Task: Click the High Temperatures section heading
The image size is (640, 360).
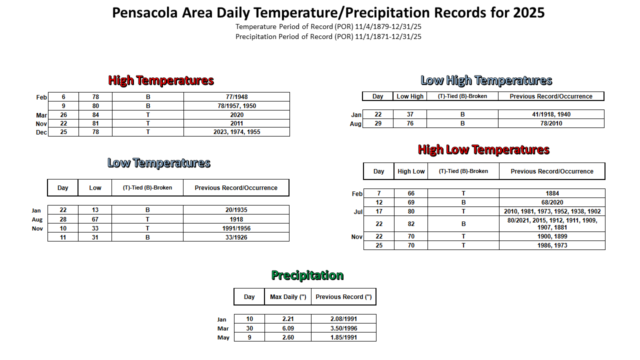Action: tap(161, 80)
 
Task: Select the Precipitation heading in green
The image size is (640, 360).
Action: tap(307, 275)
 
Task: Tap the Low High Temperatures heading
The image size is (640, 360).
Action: tap(486, 80)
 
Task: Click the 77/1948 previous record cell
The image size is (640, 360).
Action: tap(236, 97)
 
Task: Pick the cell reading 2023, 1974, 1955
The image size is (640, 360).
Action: tap(236, 132)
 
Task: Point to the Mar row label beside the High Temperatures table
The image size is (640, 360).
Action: tap(41, 115)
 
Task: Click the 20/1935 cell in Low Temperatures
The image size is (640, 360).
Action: tap(236, 210)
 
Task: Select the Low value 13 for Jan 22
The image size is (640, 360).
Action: tap(95, 210)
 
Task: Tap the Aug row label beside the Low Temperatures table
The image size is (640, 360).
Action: tap(37, 219)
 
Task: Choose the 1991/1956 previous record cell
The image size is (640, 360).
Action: tap(236, 228)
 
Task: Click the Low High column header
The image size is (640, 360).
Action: tap(410, 96)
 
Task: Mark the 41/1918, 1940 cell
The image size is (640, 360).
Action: tap(551, 114)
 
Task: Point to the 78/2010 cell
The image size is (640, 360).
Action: tap(551, 123)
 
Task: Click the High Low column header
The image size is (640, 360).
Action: tap(411, 171)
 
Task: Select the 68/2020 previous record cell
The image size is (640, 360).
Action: tap(552, 202)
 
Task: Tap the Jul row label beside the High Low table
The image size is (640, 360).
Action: tap(358, 211)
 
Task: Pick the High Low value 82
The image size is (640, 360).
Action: tap(411, 224)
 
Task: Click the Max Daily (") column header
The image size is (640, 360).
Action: tap(288, 297)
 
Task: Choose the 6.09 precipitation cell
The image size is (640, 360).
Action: tap(288, 328)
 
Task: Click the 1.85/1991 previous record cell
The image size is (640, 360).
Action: tap(343, 337)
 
